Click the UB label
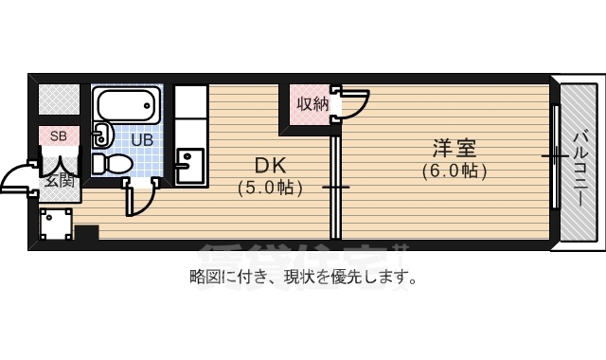[141, 140]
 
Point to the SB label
[58, 135]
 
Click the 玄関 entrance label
[59, 180]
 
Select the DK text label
[269, 164]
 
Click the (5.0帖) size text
[270, 188]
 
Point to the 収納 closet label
[312, 104]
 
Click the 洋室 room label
[454, 149]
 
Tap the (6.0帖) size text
[454, 171]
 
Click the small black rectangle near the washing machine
[87, 232]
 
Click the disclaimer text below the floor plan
[303, 278]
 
